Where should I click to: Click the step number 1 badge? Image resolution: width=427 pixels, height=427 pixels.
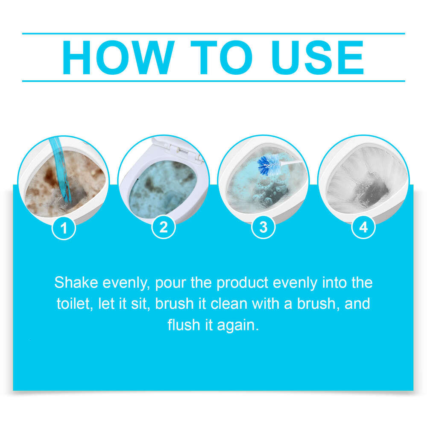pyautogui.click(x=64, y=228)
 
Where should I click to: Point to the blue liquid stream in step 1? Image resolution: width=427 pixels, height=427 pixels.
pyautogui.click(x=60, y=171)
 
